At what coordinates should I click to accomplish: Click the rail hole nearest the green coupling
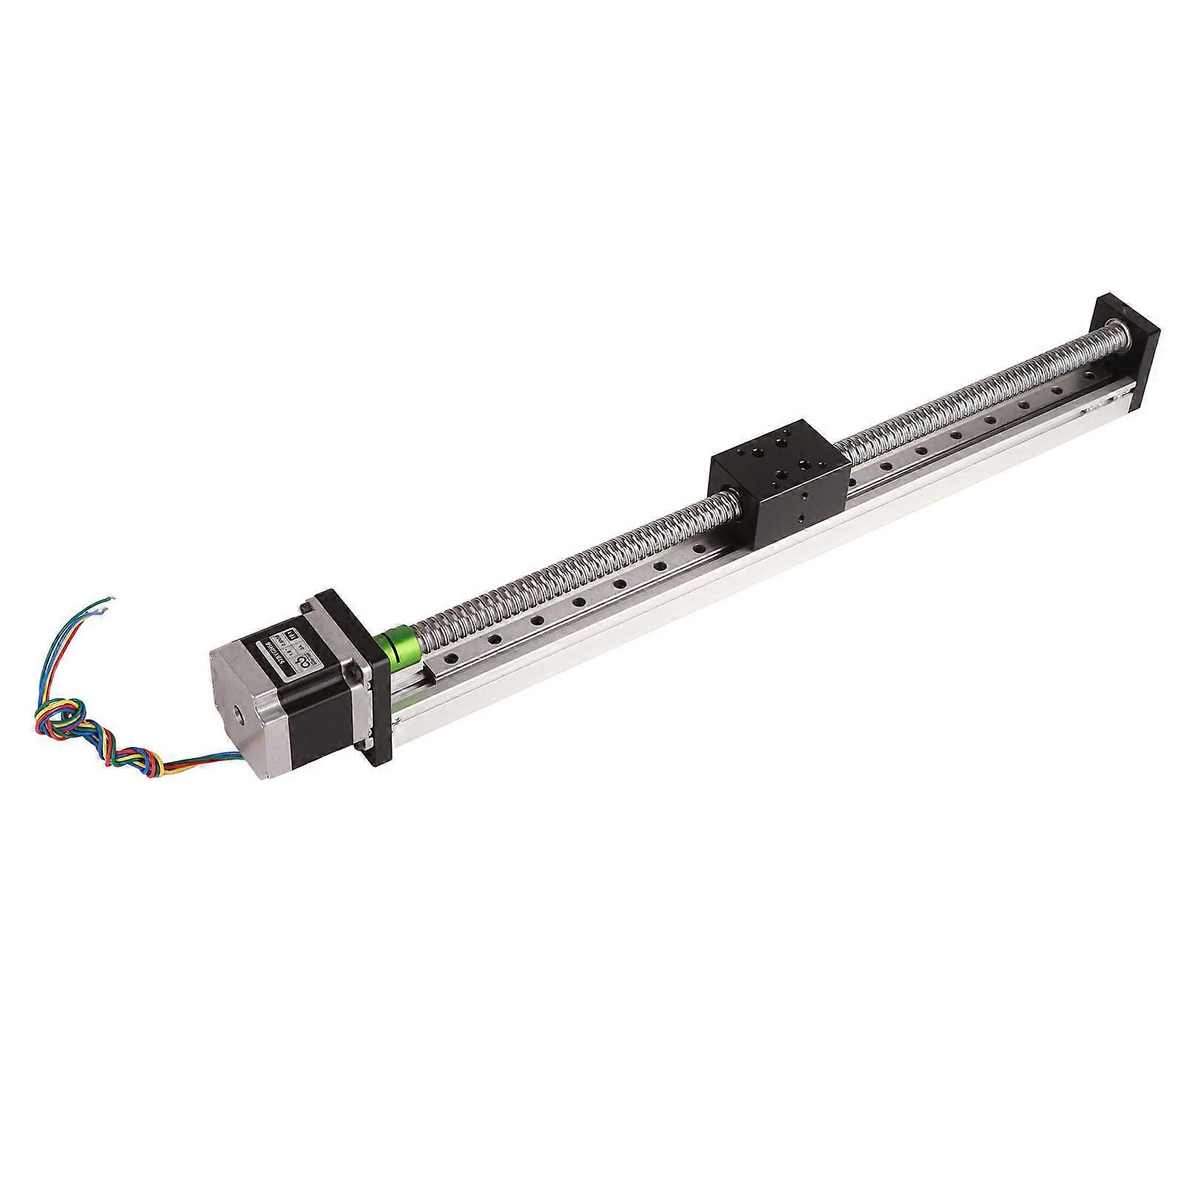pyautogui.click(x=450, y=657)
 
